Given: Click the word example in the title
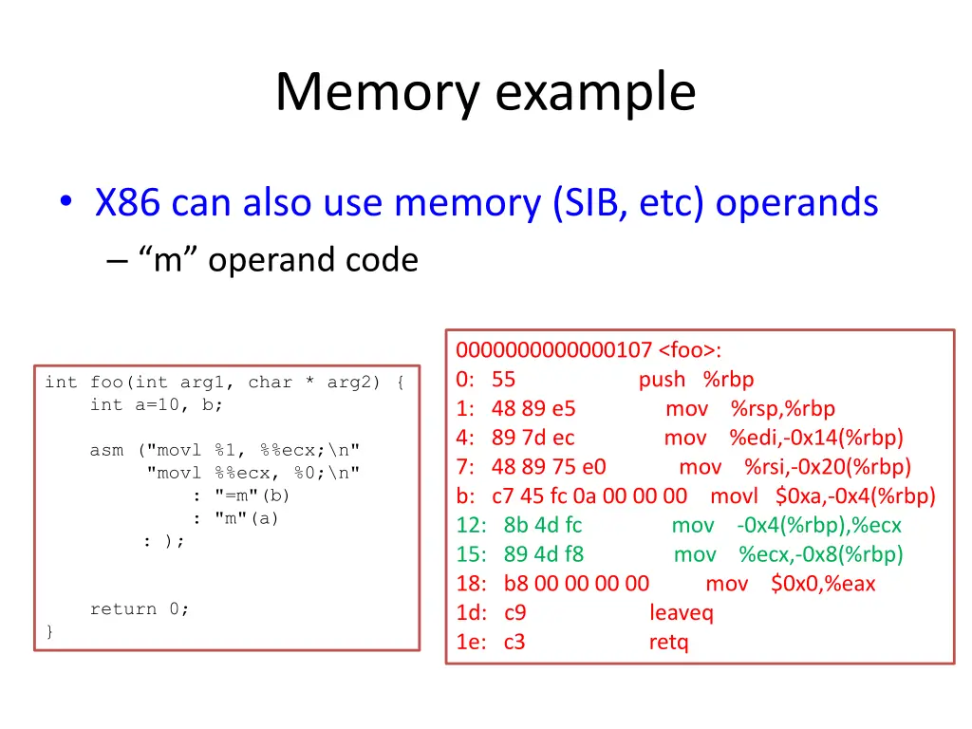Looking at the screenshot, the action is coord(596,94).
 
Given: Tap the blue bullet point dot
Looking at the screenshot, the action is coord(66,201).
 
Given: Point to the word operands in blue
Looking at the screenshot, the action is coord(796,202).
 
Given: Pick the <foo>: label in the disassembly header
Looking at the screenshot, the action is coord(689,350).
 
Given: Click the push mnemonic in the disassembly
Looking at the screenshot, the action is coord(662,380).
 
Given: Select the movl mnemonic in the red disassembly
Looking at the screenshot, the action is coord(734,495).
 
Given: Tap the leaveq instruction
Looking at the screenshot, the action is coord(682,613).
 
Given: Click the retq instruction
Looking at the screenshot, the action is coord(668,643).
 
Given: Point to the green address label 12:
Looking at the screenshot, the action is coord(471,526).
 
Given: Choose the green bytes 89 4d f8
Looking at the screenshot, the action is coord(544,554).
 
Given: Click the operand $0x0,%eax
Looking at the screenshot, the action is coord(823,584).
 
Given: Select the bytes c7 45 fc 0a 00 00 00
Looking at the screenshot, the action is coord(589,495).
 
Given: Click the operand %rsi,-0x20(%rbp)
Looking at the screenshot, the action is coord(827,467).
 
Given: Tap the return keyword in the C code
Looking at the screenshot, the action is coord(122,608).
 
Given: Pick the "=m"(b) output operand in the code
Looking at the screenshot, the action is coord(252,495).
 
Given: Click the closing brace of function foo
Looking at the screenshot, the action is coord(49,631).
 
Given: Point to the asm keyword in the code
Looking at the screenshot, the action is coord(106,450).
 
